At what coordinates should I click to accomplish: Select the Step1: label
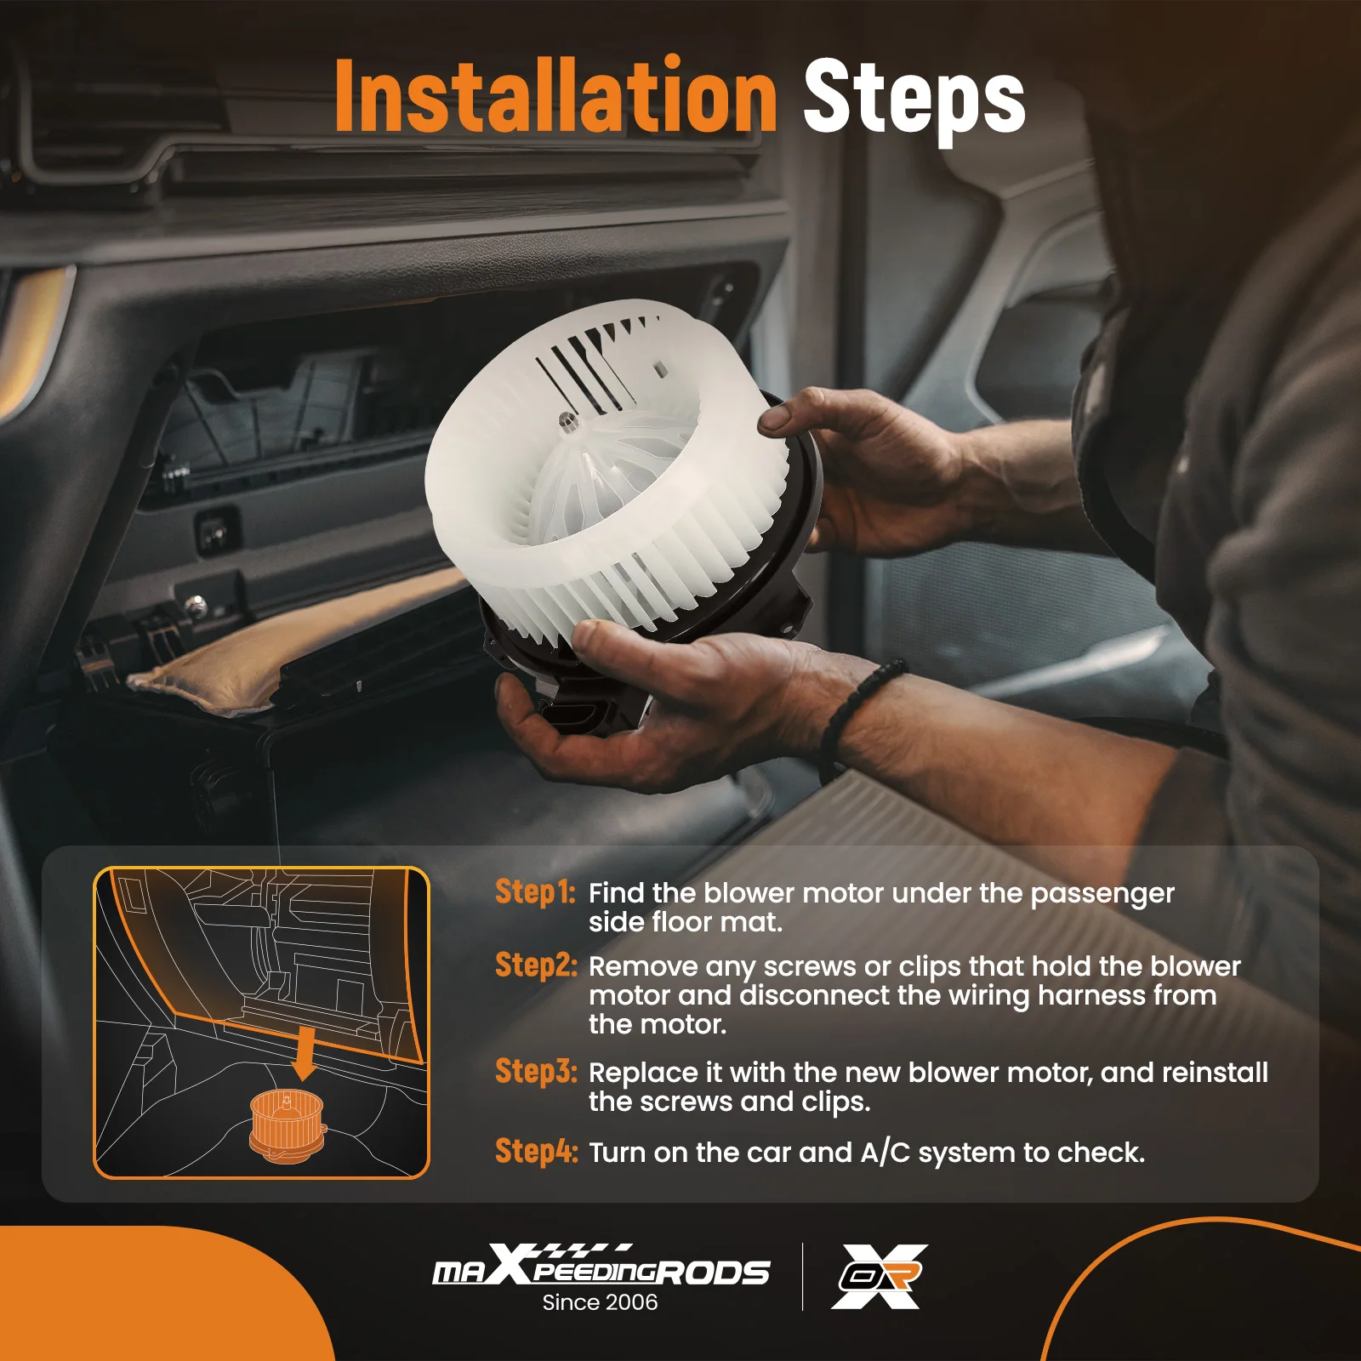(x=535, y=892)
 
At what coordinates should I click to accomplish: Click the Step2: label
(x=536, y=965)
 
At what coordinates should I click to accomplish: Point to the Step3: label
(x=536, y=1072)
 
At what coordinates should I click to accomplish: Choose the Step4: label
(x=536, y=1152)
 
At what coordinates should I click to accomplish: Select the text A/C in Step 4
(x=885, y=1153)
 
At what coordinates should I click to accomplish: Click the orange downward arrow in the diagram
(x=304, y=1055)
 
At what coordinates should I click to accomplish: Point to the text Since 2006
(x=600, y=1302)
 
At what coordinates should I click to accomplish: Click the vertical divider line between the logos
(x=802, y=1276)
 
